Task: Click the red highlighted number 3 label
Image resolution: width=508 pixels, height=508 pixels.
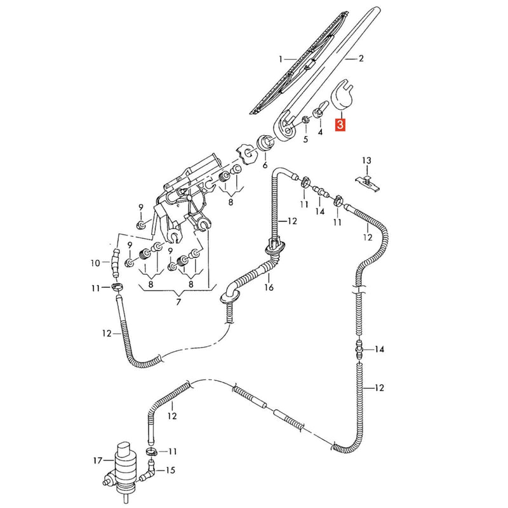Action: coord(340,124)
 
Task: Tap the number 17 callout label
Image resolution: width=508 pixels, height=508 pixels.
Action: coord(98,460)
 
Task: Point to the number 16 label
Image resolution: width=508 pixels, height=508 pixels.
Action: coord(269,287)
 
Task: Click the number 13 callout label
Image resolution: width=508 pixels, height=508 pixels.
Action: coord(367,160)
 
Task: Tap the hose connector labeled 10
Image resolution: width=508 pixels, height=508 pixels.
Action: coord(115,262)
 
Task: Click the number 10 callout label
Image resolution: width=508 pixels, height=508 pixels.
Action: coord(95,263)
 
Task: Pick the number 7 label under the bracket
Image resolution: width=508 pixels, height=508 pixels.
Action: coord(178,302)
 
